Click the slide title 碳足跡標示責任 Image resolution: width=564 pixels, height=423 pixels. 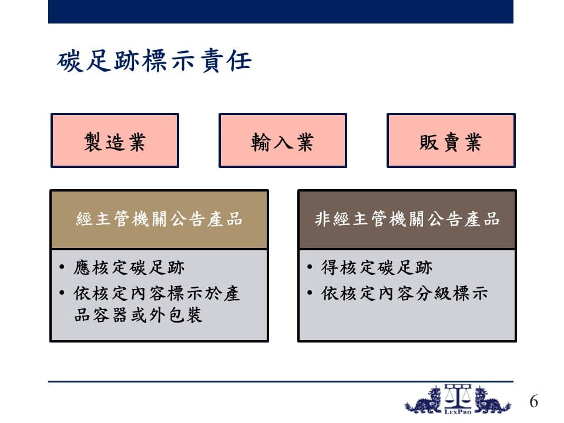[155, 61]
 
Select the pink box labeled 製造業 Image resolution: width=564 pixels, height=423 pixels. [115, 140]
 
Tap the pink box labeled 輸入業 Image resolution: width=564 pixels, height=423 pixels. [283, 140]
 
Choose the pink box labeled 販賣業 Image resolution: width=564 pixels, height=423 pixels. [451, 140]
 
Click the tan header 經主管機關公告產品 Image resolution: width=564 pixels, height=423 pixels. [159, 219]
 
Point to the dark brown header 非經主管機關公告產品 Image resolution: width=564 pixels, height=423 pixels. [407, 219]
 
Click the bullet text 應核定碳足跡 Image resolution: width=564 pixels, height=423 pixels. [129, 268]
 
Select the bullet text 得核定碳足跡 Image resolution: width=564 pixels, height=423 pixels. [377, 268]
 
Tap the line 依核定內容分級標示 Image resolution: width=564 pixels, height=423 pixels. [405, 294]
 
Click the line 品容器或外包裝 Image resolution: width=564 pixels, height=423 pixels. [137, 315]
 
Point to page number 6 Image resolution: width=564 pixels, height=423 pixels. [534, 401]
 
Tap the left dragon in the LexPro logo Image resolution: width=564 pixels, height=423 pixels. [424, 400]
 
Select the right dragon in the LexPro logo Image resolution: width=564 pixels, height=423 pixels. [492, 400]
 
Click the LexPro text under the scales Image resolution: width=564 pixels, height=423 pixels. [458, 411]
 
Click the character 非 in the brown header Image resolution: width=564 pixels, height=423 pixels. [323, 219]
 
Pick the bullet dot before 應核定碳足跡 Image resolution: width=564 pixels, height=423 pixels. [62, 267]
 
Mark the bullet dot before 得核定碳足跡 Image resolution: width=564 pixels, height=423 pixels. [310, 267]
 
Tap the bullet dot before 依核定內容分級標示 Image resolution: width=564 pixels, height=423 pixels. [310, 293]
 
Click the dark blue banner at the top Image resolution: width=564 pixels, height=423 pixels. [281, 12]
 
